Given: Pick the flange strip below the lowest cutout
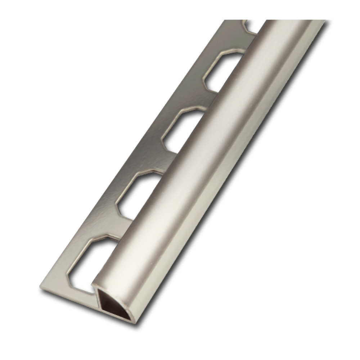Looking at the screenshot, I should [x=68, y=293].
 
